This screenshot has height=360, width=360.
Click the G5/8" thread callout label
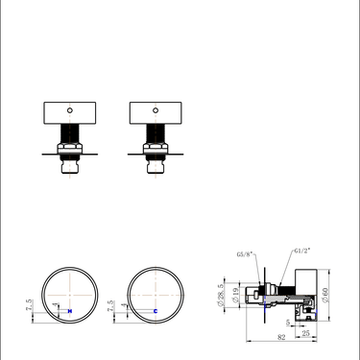click(246, 255)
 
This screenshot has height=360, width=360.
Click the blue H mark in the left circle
click(68, 311)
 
